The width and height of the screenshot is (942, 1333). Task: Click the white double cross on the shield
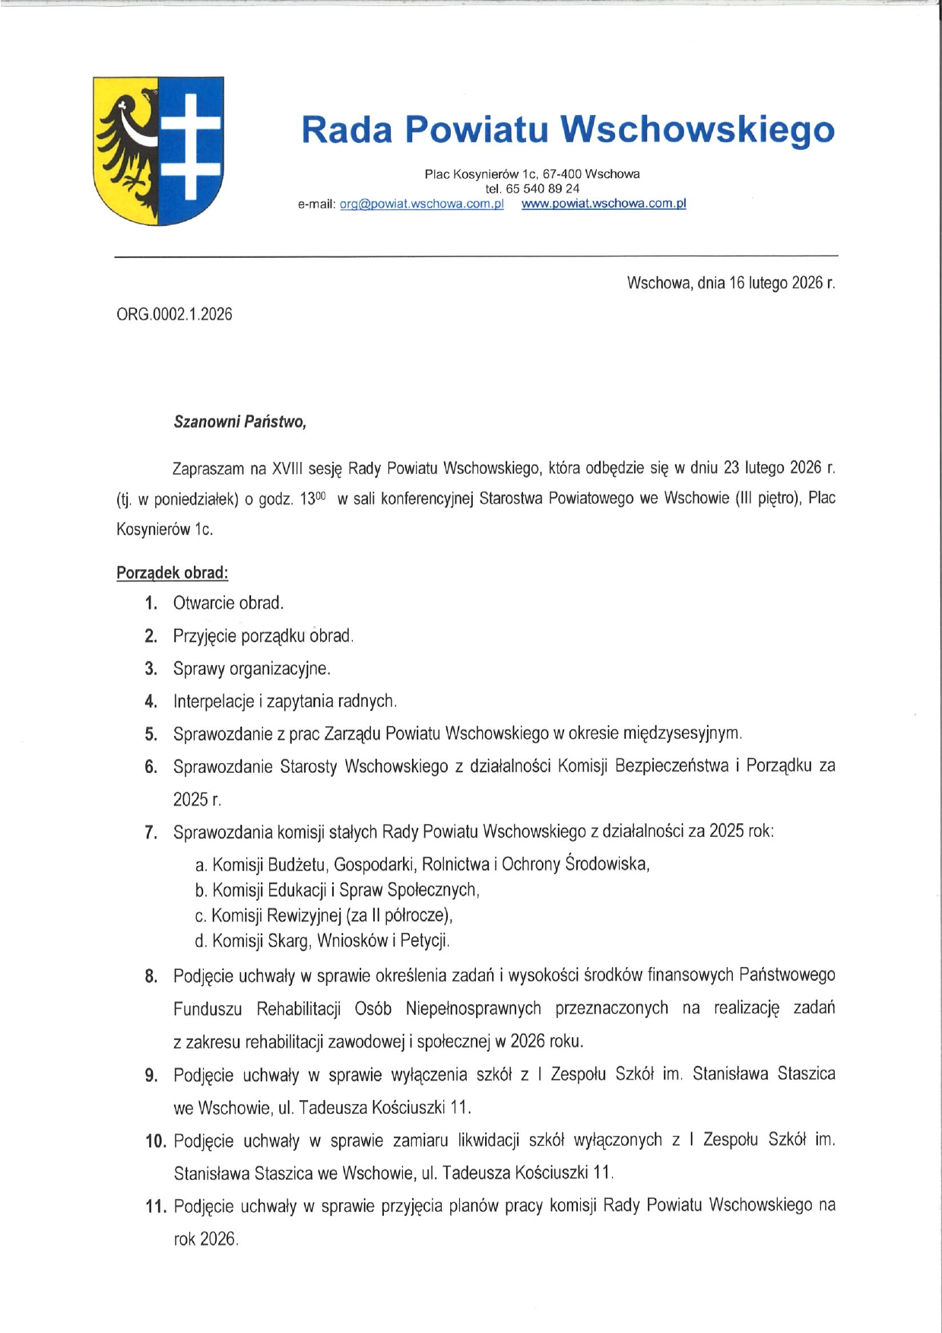[190, 145]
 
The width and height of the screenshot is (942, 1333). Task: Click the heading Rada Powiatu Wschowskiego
[567, 129]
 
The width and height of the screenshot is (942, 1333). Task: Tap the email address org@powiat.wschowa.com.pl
[421, 204]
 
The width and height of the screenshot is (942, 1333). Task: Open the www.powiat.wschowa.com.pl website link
[604, 204]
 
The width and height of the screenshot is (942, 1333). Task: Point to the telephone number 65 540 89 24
[541, 189]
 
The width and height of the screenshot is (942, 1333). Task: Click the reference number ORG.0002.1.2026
[174, 314]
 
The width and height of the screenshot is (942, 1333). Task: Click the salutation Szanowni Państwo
[239, 422]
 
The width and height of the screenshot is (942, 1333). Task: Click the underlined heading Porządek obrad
[172, 572]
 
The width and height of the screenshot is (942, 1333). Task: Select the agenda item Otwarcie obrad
[228, 603]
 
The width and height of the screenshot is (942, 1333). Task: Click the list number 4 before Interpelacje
[151, 701]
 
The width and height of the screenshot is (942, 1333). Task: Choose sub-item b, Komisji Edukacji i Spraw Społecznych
[338, 889]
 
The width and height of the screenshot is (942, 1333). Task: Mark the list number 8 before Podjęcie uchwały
[151, 976]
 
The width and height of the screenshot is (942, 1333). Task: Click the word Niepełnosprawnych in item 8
[473, 1009]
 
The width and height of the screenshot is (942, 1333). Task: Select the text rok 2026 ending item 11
[205, 1239]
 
